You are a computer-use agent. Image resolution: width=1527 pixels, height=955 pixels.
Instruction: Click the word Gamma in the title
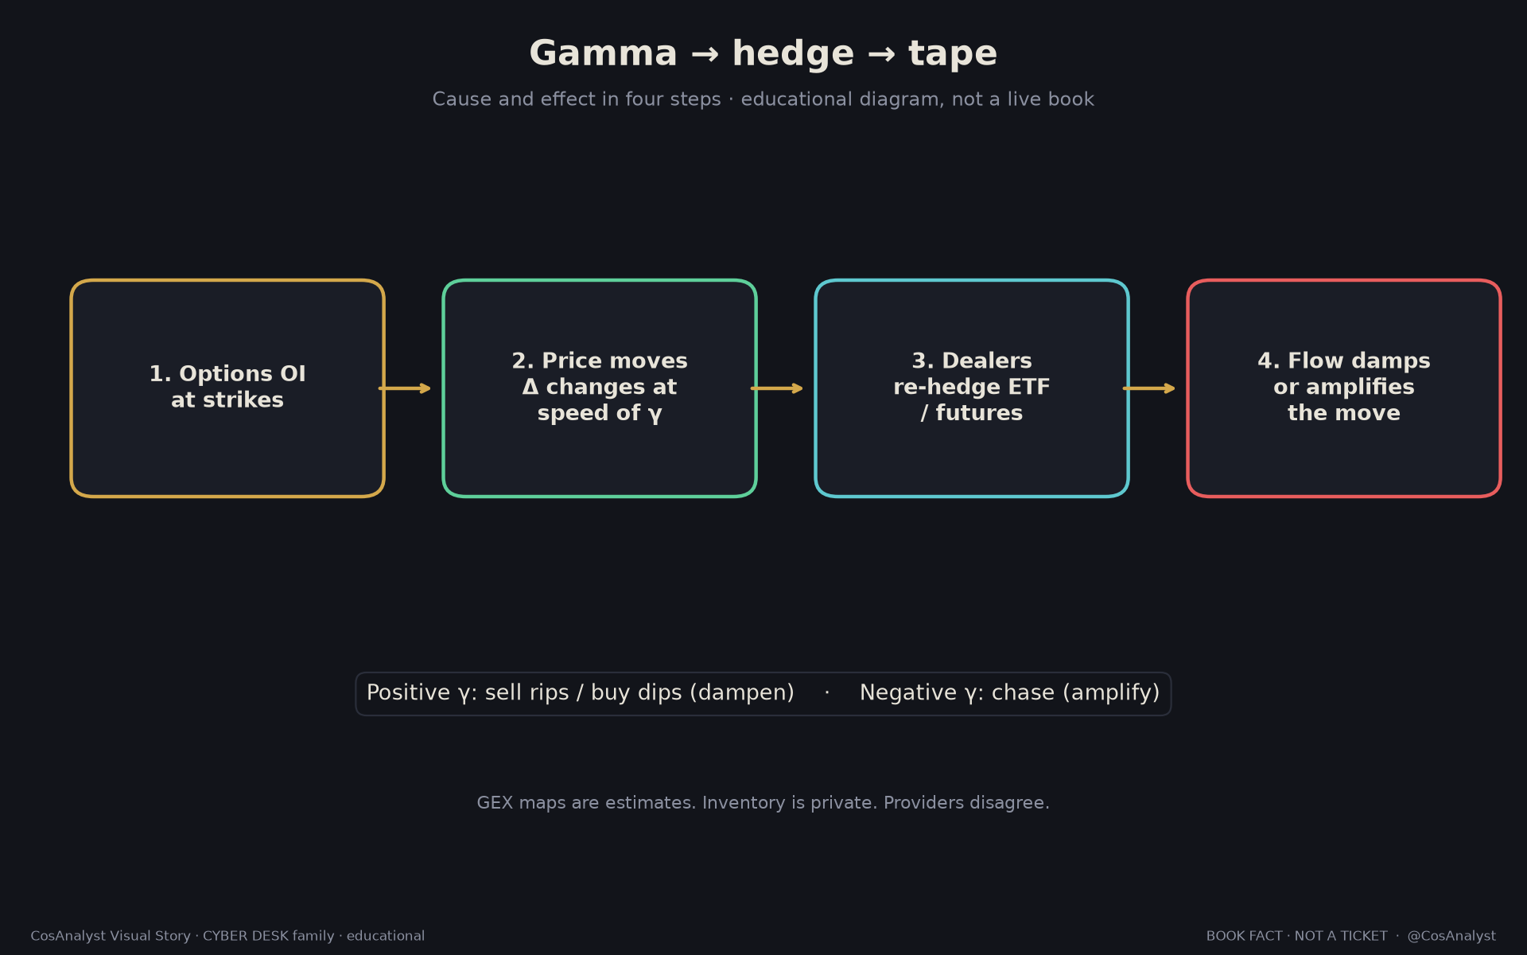click(x=603, y=54)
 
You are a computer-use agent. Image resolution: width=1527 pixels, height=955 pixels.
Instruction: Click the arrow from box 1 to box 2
click(x=405, y=388)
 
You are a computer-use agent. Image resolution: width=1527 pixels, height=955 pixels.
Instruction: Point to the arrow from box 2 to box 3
click(x=777, y=388)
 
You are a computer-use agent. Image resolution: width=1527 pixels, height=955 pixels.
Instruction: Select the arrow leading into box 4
click(x=1149, y=388)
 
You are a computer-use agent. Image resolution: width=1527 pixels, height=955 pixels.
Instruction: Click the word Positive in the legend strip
click(x=409, y=692)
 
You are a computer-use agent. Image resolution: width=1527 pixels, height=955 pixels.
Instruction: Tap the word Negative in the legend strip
click(x=908, y=692)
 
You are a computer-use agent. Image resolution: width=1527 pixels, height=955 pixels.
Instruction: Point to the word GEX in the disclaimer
click(x=495, y=803)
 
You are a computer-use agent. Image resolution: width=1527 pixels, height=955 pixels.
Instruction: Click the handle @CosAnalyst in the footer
click(x=1451, y=936)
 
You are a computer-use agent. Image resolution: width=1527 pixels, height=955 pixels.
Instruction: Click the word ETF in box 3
click(x=1029, y=387)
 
